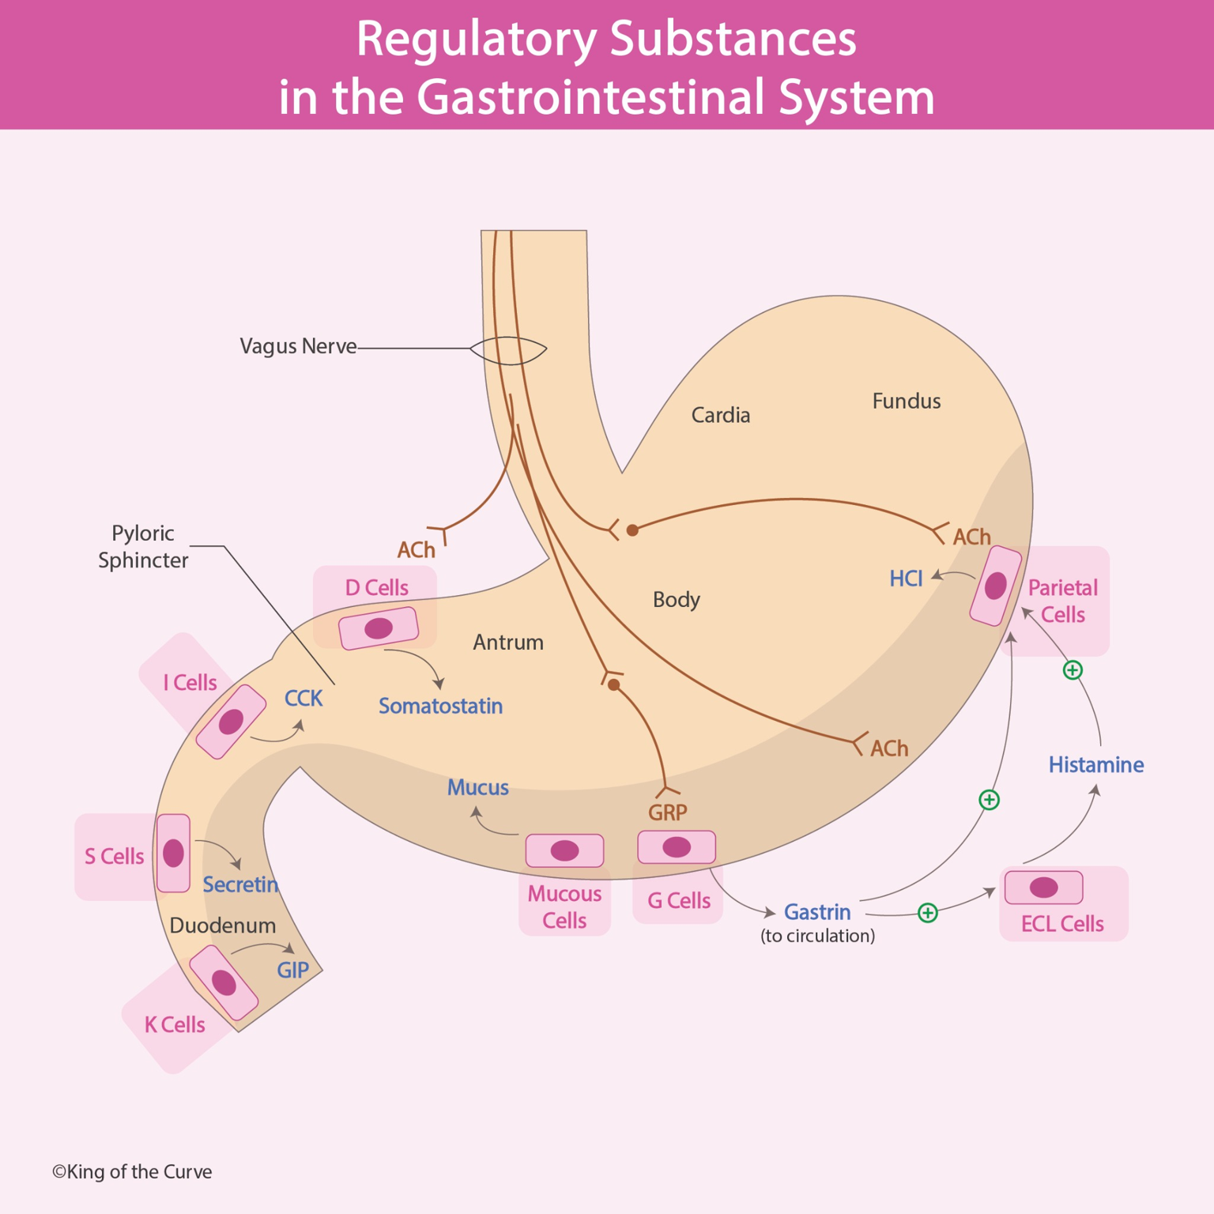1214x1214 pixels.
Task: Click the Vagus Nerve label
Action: pyautogui.click(x=298, y=346)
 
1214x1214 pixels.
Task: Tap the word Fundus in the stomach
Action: pyautogui.click(x=906, y=402)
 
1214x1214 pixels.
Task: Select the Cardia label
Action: pyautogui.click(x=720, y=415)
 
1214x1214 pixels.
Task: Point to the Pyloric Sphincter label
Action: pyautogui.click(x=143, y=546)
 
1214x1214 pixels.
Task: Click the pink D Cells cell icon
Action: pyautogui.click(x=379, y=628)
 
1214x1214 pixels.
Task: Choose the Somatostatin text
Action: pyautogui.click(x=440, y=706)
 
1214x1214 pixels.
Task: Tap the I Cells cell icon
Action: pyautogui.click(x=231, y=722)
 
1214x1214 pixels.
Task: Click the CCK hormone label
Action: pyautogui.click(x=303, y=699)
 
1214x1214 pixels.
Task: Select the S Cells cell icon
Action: pyautogui.click(x=173, y=853)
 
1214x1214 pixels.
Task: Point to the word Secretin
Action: pyautogui.click(x=240, y=884)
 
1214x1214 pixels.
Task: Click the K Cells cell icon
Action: pyautogui.click(x=224, y=982)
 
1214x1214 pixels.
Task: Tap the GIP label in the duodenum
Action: pyautogui.click(x=292, y=970)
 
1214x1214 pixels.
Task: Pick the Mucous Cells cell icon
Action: pyautogui.click(x=564, y=850)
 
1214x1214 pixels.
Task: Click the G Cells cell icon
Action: pyautogui.click(x=677, y=847)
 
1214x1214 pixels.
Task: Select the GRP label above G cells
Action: pyautogui.click(x=667, y=812)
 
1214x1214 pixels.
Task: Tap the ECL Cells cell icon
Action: pyautogui.click(x=1043, y=888)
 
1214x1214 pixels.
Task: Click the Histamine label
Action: pyautogui.click(x=1095, y=765)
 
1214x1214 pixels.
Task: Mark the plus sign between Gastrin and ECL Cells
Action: pyautogui.click(x=927, y=913)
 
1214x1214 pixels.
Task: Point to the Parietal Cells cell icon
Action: pyautogui.click(x=995, y=586)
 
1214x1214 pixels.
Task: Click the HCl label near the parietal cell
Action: pyautogui.click(x=906, y=579)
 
